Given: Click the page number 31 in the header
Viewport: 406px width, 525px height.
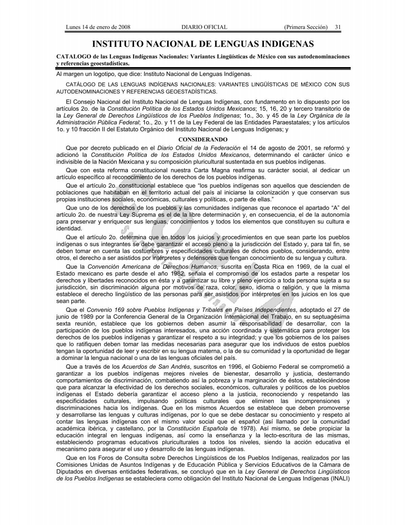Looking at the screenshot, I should pyautogui.click(x=337, y=27).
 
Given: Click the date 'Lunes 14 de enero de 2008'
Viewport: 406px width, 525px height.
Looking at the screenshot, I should pyautogui.click(x=98, y=27).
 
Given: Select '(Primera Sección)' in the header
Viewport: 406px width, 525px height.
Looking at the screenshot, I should pyautogui.click(x=306, y=27).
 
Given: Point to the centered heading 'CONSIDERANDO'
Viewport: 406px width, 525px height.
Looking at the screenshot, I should pyautogui.click(x=203, y=139).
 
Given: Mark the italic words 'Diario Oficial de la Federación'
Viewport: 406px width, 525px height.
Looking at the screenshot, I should pyautogui.click(x=199, y=148).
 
